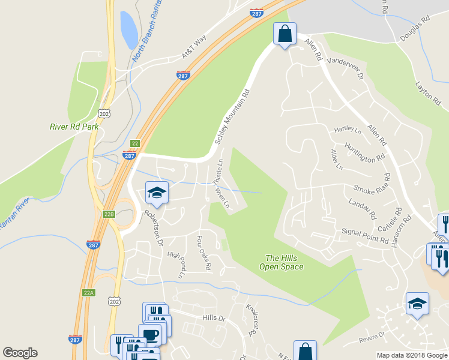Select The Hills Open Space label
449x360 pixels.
click(x=282, y=262)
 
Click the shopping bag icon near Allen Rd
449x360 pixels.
click(x=285, y=34)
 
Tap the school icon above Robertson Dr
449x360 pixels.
click(x=157, y=193)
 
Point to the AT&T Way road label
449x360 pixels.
click(x=194, y=47)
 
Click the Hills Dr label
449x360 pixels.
click(x=213, y=317)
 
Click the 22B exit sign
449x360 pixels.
click(x=109, y=214)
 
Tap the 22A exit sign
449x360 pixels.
click(x=89, y=292)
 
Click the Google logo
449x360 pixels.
click(x=20, y=353)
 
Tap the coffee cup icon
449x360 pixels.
click(x=149, y=334)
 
